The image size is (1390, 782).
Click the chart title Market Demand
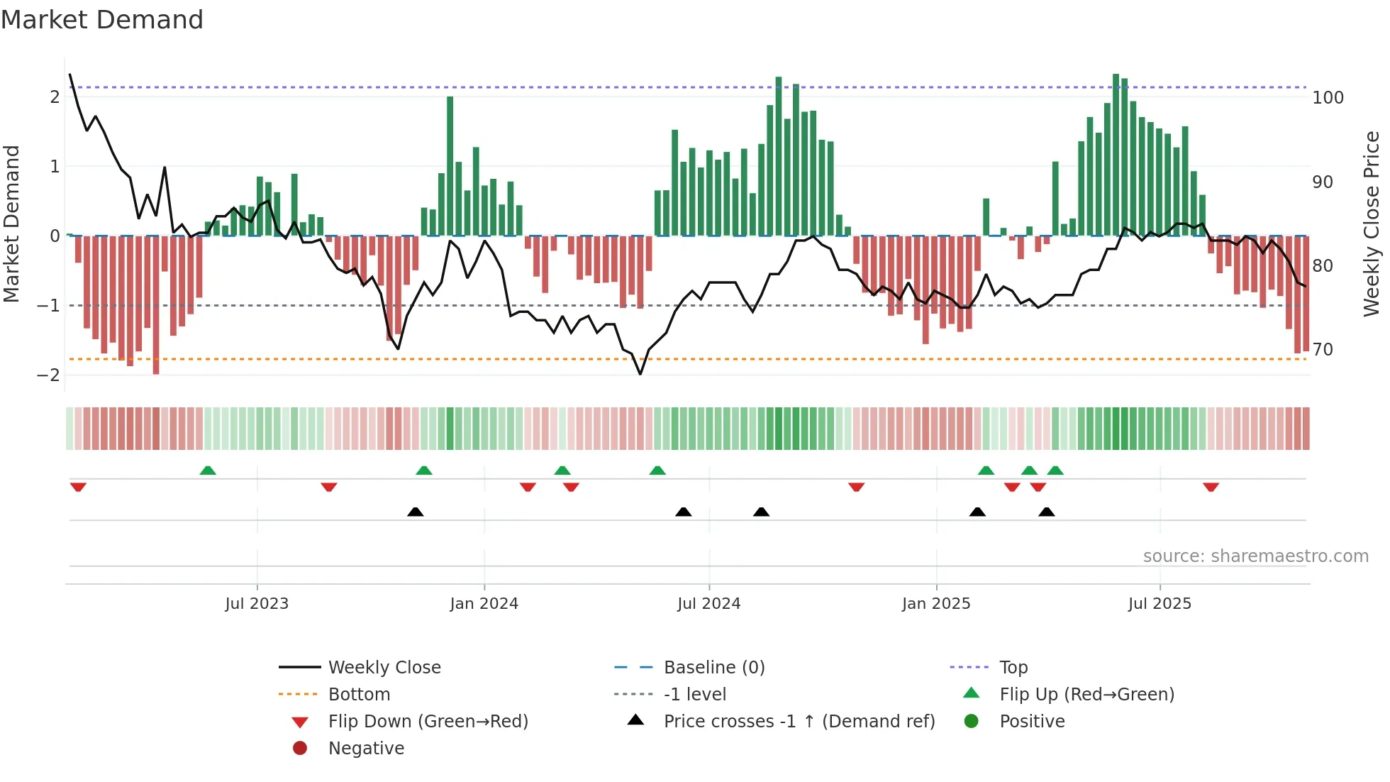(102, 20)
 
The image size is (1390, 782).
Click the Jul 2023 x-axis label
(257, 604)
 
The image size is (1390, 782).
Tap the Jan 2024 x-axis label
(484, 604)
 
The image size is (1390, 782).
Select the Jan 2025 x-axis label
(936, 604)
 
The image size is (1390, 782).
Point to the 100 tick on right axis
(1328, 98)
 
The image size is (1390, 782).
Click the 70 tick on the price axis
(1323, 350)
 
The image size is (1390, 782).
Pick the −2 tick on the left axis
(48, 375)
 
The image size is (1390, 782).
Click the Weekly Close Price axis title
(1372, 224)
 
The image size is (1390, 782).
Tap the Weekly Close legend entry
(384, 668)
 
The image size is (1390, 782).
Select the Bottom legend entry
(359, 695)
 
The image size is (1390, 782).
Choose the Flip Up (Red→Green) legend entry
(1086, 695)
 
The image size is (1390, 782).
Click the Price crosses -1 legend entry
(799, 722)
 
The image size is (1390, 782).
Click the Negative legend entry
(366, 749)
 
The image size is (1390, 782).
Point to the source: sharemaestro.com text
(1255, 556)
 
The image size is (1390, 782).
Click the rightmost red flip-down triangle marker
(1211, 487)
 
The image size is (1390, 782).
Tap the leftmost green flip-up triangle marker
(208, 470)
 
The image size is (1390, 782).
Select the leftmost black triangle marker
(416, 512)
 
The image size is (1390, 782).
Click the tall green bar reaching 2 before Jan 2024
(450, 167)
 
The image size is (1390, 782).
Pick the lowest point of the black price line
(640, 374)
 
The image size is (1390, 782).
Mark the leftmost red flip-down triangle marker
(78, 487)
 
